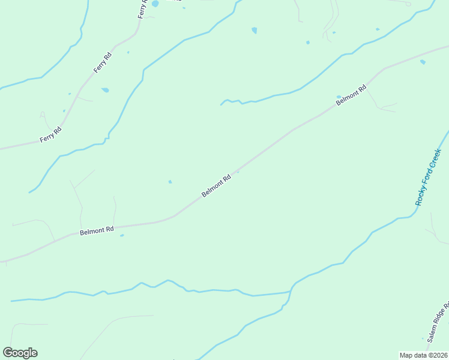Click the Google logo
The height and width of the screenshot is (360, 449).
click(20, 353)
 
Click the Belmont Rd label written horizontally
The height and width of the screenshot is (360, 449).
click(97, 230)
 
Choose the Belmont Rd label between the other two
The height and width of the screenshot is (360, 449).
click(216, 186)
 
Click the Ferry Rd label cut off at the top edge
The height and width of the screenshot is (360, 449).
click(142, 8)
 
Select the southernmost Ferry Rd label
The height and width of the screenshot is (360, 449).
click(50, 134)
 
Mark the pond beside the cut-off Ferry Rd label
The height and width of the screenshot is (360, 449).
click(155, 4)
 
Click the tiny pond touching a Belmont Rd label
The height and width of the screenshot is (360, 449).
click(339, 97)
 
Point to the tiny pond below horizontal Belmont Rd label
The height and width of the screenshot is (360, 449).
click(122, 235)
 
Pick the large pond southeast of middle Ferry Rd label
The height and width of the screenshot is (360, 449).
click(106, 90)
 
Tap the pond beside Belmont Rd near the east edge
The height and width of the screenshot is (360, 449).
click(423, 62)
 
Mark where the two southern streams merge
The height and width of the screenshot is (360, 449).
click(291, 292)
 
